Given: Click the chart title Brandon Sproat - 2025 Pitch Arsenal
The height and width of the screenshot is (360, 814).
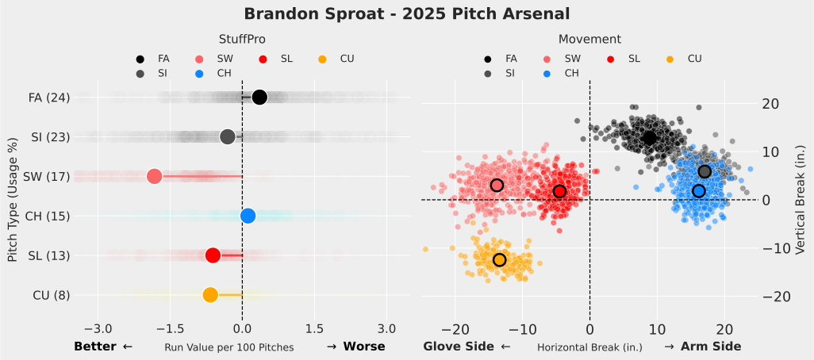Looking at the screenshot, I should (406, 14).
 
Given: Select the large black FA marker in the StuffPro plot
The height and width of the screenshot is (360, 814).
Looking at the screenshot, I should (259, 98).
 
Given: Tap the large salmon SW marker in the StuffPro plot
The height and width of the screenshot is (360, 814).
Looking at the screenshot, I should (154, 176).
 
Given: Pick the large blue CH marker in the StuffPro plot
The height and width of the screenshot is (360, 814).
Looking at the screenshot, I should (248, 216).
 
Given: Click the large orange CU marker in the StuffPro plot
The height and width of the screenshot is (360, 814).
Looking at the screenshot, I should (210, 295).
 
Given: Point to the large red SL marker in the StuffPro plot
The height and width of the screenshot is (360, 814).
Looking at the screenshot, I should (213, 255).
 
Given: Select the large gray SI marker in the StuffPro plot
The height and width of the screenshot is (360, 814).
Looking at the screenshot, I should (228, 136).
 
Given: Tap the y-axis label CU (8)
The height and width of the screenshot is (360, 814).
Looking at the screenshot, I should (52, 296).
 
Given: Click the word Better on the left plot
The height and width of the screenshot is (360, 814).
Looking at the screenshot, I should (97, 347).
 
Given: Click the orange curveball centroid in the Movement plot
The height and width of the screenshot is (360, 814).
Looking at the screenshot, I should (499, 260).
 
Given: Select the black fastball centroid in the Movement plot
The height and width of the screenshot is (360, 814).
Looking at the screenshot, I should (650, 138).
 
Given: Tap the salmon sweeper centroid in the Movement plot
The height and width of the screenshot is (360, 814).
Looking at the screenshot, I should (497, 185).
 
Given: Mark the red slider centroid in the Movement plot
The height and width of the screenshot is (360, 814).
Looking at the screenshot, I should (559, 191).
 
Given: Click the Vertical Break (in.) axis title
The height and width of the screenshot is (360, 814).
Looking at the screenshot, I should (800, 198).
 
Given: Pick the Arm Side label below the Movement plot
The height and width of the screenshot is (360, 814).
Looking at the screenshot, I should (710, 347).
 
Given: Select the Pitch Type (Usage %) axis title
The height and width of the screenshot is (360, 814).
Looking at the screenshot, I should (13, 198).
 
